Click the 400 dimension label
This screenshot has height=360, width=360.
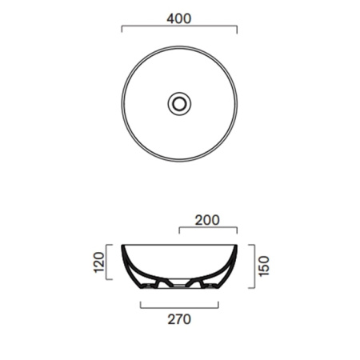click(179, 18)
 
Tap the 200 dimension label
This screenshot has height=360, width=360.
click(207, 220)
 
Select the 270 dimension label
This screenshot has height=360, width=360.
click(179, 319)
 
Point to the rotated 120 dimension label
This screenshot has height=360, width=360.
click(98, 262)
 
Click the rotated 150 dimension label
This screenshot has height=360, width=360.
click(264, 266)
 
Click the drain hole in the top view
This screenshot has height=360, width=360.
click(179, 104)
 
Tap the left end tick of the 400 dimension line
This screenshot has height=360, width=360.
click(122, 29)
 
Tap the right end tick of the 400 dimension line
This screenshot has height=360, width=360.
click(237, 30)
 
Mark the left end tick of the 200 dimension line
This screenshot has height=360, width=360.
click(179, 230)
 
